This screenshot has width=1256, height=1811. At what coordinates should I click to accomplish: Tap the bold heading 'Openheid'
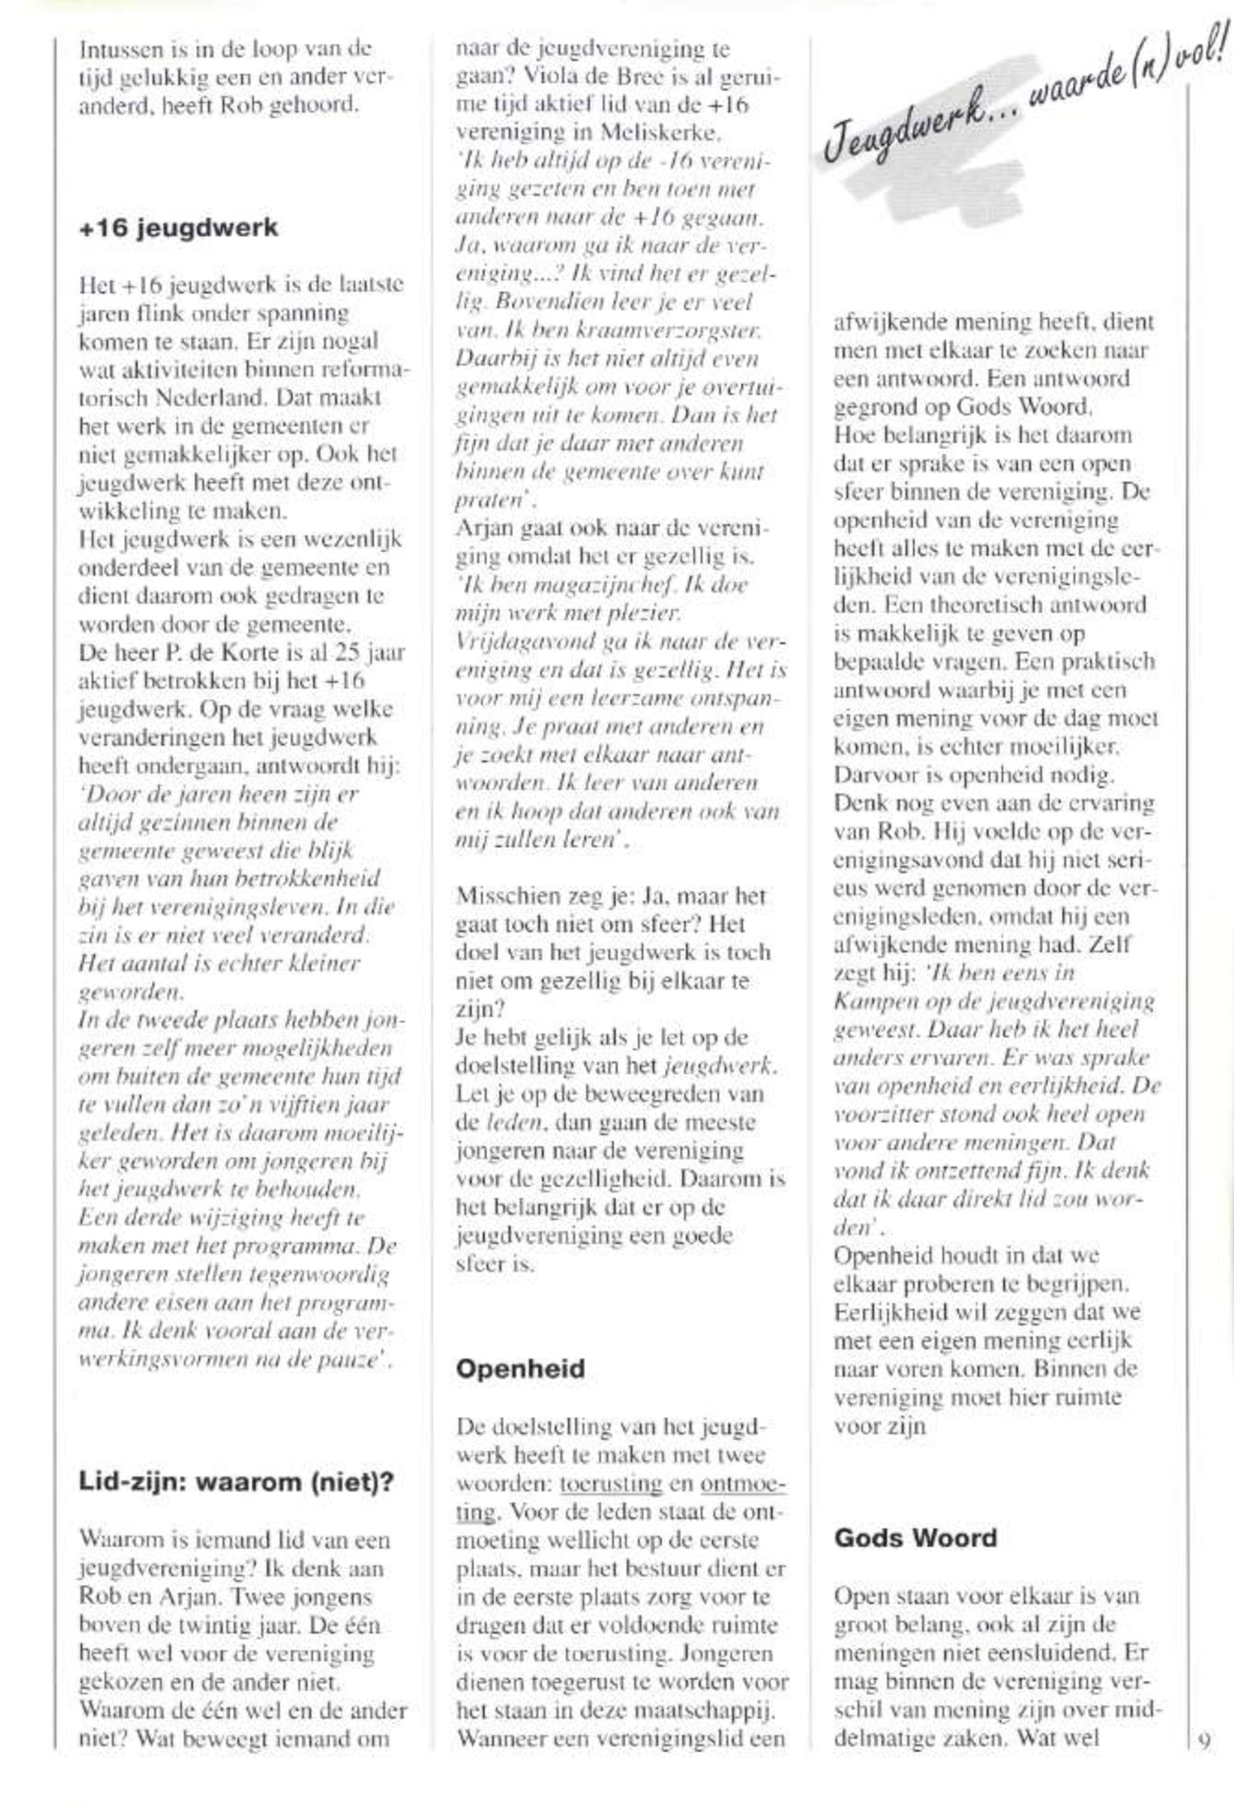click(x=520, y=1368)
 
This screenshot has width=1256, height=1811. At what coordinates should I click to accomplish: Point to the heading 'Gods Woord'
click(x=915, y=1538)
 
